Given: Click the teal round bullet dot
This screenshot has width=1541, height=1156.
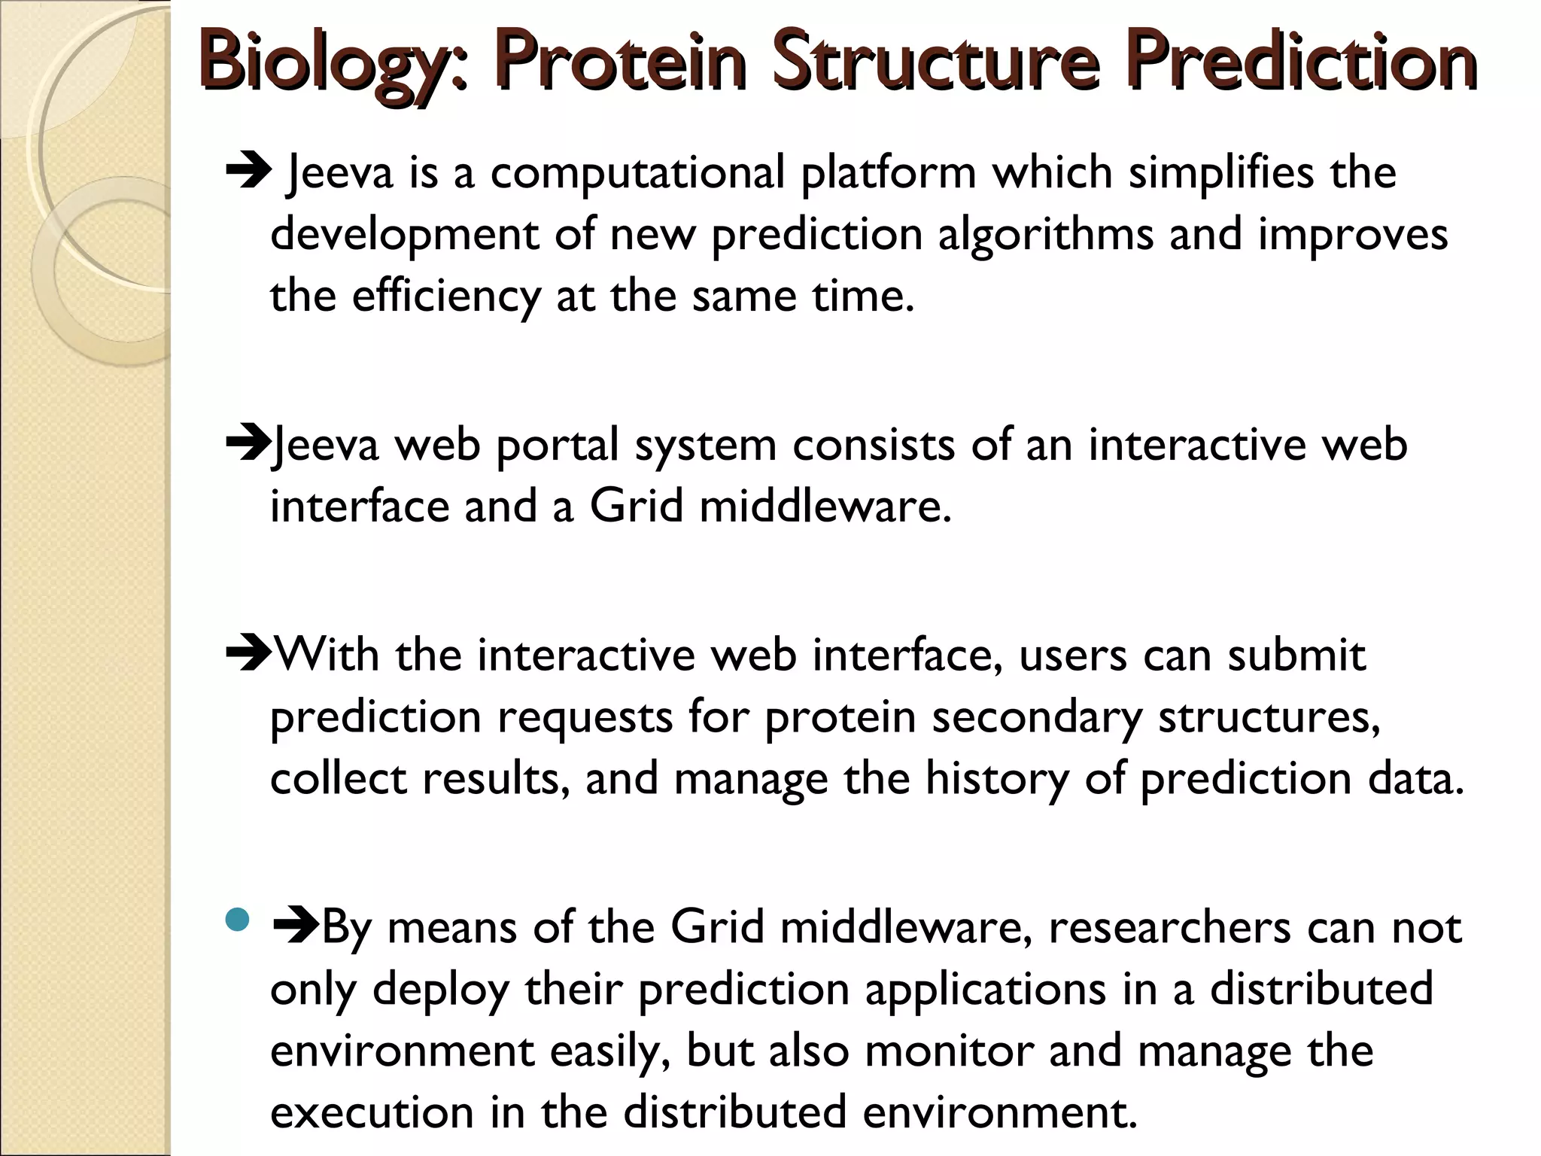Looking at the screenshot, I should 238,920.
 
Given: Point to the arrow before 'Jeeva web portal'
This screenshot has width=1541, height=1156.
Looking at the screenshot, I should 248,444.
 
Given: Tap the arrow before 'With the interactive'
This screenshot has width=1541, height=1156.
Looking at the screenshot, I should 248,654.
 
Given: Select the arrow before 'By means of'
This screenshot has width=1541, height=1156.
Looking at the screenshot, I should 296,926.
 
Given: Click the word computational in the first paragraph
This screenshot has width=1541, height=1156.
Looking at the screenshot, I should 638,173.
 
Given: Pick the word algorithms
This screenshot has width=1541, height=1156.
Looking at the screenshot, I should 1046,235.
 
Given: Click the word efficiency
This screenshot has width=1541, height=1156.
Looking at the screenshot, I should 446,297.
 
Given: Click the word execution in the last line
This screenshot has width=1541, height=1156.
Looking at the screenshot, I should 372,1112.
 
